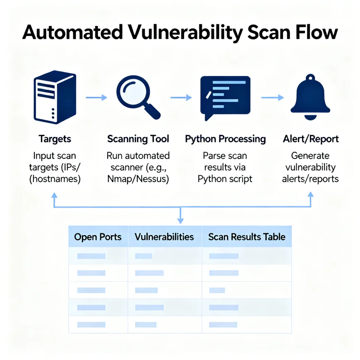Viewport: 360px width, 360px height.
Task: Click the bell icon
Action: click(x=310, y=97)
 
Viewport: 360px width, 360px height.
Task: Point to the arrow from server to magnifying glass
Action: click(x=96, y=98)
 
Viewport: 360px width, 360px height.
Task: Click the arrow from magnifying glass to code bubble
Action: click(x=181, y=98)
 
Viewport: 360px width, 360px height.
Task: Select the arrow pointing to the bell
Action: click(x=272, y=98)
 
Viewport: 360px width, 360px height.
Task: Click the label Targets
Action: click(x=55, y=139)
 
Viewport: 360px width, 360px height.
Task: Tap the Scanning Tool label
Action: click(x=138, y=139)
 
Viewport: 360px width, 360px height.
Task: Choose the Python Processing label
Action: click(x=225, y=139)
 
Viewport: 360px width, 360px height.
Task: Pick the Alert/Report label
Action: click(x=311, y=139)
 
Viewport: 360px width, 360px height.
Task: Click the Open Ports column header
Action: click(x=98, y=237)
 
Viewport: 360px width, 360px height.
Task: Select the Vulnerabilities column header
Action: click(x=164, y=237)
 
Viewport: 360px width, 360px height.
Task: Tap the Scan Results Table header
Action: click(x=247, y=237)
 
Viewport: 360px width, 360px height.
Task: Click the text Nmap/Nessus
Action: click(x=138, y=179)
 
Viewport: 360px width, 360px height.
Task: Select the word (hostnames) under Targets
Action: click(x=55, y=179)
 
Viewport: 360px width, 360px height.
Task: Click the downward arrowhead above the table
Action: click(x=180, y=221)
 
